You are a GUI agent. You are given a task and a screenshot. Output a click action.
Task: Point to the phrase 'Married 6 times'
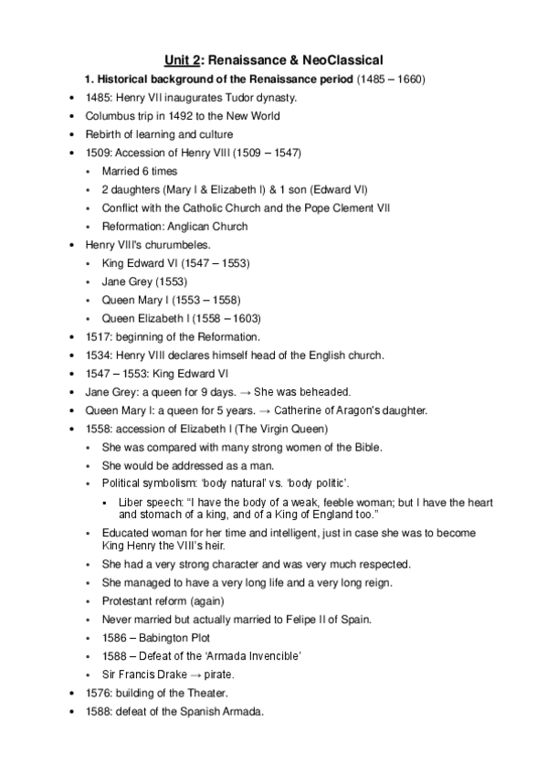pos(140,171)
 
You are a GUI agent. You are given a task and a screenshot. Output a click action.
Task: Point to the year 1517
pos(100,335)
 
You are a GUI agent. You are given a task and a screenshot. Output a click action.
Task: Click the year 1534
pos(100,354)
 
